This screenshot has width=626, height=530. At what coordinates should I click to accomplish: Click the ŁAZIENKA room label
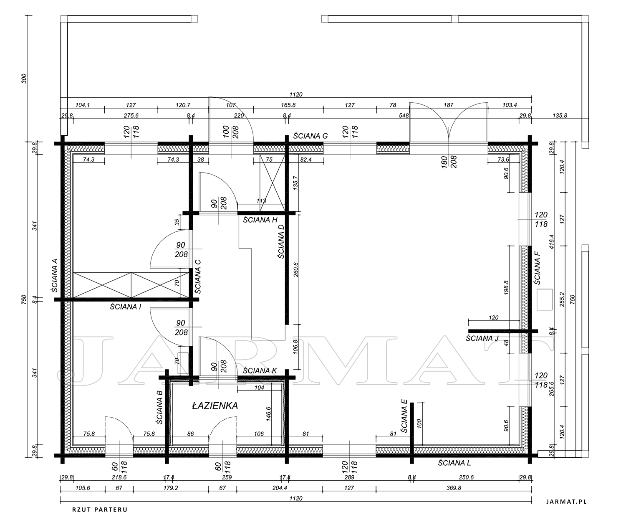point(215,406)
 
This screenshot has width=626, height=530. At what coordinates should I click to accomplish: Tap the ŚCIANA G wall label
point(310,136)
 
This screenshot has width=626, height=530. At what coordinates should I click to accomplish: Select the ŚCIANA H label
point(260,220)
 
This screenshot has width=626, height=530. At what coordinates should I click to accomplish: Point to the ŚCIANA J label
point(482,338)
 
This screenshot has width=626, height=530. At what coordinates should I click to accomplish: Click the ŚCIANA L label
point(454,463)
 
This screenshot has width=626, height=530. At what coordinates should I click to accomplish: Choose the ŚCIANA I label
point(125,307)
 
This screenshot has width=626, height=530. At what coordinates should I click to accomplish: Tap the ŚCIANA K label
point(260,371)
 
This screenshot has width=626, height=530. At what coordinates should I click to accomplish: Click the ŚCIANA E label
point(404,416)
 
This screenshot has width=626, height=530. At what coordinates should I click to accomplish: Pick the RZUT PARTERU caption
point(100,510)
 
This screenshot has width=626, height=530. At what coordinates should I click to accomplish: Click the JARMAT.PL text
point(567,502)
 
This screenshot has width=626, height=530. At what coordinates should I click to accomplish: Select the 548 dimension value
point(404,115)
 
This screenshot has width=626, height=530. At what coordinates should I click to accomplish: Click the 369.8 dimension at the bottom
point(454,488)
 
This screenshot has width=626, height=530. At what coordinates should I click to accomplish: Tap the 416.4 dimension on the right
point(551,241)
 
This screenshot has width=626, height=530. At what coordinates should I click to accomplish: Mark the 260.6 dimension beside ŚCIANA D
point(296,270)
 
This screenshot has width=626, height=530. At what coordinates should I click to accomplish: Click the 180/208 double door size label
point(449,162)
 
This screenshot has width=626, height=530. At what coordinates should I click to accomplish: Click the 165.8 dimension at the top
point(288,105)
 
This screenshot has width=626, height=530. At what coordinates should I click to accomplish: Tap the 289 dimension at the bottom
point(349,477)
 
